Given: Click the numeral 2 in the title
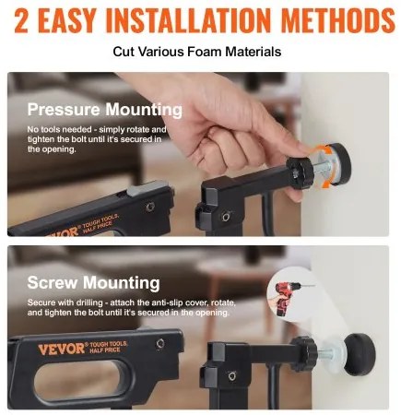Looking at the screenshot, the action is coord(21,20).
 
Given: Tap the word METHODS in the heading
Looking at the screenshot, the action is coord(337,20).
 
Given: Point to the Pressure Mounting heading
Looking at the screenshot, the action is coord(105,110).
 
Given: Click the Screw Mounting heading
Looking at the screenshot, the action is coord(93,282).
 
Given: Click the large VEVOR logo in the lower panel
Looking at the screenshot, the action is coord(62,349).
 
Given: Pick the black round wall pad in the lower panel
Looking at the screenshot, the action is coord(359,354).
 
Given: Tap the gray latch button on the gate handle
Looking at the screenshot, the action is coord(144,188).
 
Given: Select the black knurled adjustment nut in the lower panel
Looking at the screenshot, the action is coord(305,353).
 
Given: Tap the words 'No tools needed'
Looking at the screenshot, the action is coord(59,129).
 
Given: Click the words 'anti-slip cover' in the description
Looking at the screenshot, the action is coord(180,302).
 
